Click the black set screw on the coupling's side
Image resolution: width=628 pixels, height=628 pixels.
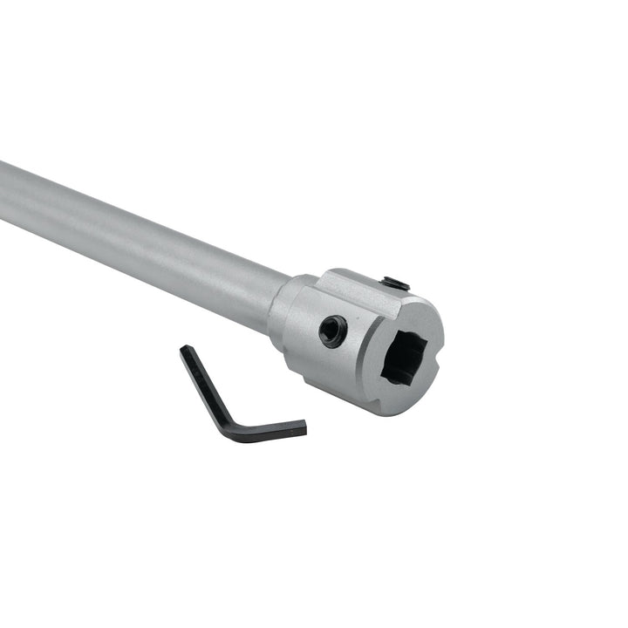pos(332,331)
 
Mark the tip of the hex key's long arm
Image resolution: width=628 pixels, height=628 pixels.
pos(185,351)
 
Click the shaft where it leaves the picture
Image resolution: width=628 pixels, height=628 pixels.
pos(4,188)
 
